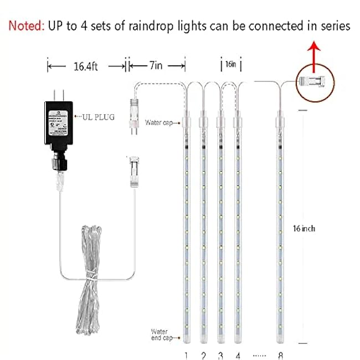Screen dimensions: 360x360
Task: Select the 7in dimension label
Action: click(x=156, y=66)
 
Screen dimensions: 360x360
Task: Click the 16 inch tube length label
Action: click(x=304, y=228)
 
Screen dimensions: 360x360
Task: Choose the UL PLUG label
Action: click(x=96, y=117)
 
